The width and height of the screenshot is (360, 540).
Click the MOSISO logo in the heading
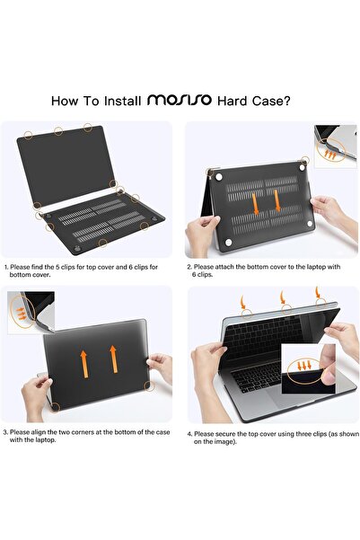pyautogui.click(x=180, y=100)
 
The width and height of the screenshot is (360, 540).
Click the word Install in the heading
pyautogui.click(x=122, y=101)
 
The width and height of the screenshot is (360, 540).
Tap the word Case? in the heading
pyautogui.click(x=271, y=101)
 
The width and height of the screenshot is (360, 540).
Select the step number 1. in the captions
pyautogui.click(x=6, y=267)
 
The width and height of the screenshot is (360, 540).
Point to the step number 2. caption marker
pyautogui.click(x=189, y=267)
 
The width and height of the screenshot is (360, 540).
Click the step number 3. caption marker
pyautogui.click(x=5, y=432)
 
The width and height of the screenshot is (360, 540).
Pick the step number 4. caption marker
pyautogui.click(x=189, y=434)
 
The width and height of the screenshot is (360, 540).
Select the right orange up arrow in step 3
pyautogui.click(x=113, y=359)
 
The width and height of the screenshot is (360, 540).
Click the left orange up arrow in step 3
pyautogui.click(x=83, y=364)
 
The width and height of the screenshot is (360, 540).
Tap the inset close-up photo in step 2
pyautogui.click(x=336, y=146)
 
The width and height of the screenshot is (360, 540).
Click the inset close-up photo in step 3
pyautogui.click(x=31, y=313)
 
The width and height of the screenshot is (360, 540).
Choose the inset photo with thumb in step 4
pyautogui.click(x=308, y=369)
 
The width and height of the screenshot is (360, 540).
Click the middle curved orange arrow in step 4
pyautogui.click(x=283, y=297)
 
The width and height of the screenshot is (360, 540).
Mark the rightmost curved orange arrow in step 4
pyautogui.click(x=317, y=292)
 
